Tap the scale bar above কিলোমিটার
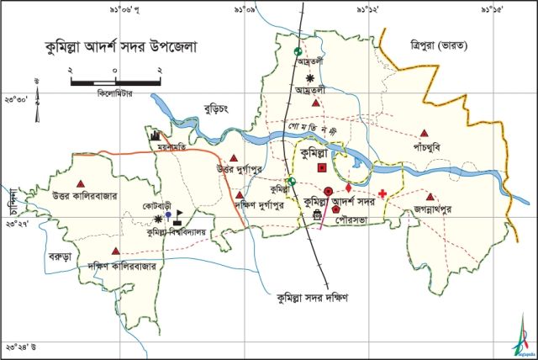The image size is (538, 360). pyautogui.click(x=114, y=82)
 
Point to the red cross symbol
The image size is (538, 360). pyautogui.click(x=383, y=194)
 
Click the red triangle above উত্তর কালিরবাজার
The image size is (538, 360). pyautogui.click(x=81, y=183)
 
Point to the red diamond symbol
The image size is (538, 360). pyautogui.click(x=349, y=187)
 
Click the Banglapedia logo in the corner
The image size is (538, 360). pyautogui.click(x=523, y=336)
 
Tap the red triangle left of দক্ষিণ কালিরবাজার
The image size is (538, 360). pyautogui.click(x=116, y=251)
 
